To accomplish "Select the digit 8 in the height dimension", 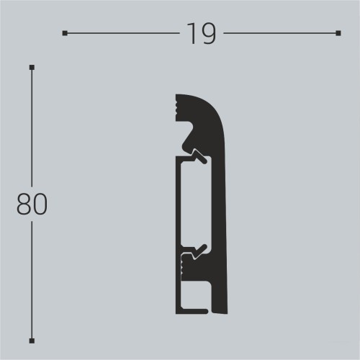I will point(24,204).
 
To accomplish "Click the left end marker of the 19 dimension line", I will point(65,33).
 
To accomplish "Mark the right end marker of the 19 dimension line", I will point(338,33).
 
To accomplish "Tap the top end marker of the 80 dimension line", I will point(32,67).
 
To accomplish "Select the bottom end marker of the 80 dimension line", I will point(32,340).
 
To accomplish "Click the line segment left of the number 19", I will point(122,33).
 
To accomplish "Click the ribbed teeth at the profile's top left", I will point(177,108).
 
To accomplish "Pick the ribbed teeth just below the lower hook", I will point(179,267).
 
